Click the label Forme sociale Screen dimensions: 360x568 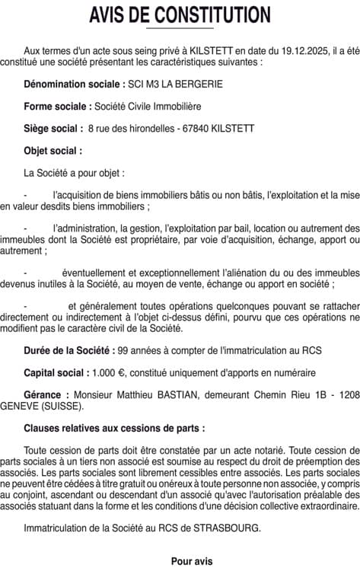(x=57, y=106)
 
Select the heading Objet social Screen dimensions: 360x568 (x=53, y=151)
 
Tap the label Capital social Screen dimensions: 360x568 (x=56, y=373)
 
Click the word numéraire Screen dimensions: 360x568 (x=292, y=373)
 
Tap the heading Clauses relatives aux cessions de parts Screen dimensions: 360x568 (x=114, y=429)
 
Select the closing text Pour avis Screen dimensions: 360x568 (x=192, y=561)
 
